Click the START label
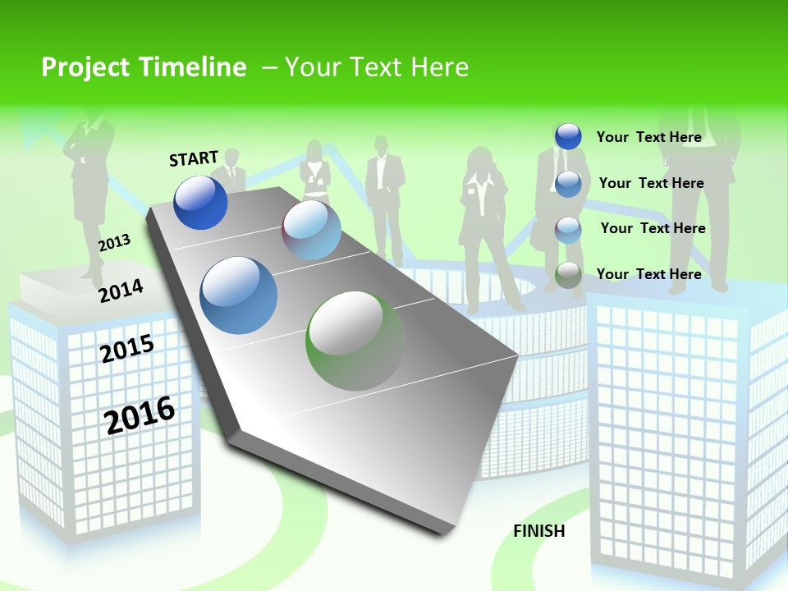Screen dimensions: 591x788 [x=194, y=158]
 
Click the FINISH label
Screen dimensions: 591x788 [x=539, y=531]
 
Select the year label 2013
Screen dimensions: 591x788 [x=115, y=242]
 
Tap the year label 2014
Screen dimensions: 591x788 [x=121, y=291]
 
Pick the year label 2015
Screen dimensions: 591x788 [x=127, y=349]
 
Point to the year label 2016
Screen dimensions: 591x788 [x=140, y=415]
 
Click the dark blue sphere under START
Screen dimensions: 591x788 [x=200, y=202]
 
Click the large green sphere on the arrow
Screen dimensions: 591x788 [x=355, y=341]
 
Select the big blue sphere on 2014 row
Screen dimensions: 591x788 [x=239, y=295]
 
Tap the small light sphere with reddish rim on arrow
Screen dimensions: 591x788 [x=311, y=230]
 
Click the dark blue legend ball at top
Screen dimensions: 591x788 [x=568, y=136]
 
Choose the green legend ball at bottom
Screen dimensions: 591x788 [x=568, y=275]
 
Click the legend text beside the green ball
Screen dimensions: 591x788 [x=648, y=274]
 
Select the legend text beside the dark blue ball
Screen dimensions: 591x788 [x=648, y=137]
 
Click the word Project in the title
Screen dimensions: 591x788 [x=84, y=67]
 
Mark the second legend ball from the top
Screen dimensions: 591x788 [x=568, y=183]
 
